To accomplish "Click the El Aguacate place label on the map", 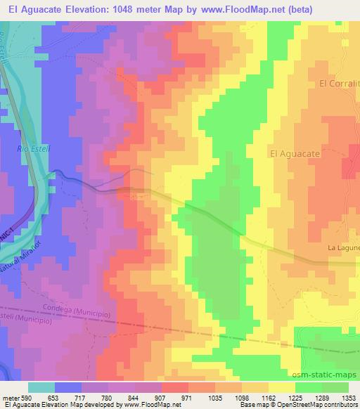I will (296, 152).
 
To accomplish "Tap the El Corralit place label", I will (339, 83).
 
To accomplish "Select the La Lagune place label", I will (344, 247).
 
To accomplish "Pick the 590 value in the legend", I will (27, 397).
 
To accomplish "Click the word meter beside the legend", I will (10, 397).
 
